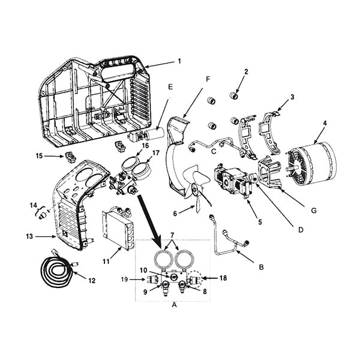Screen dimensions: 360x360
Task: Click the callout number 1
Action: [x=178, y=61]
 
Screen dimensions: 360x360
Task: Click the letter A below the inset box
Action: [x=175, y=304]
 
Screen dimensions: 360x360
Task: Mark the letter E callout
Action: [x=170, y=86]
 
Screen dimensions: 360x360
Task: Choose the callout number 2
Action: [x=245, y=72]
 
